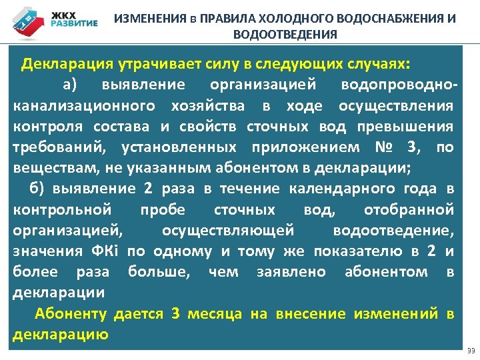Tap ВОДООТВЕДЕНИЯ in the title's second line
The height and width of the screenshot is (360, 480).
coord(285,35)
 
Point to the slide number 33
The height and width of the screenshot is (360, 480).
coord(471,351)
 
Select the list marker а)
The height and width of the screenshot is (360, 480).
coord(71,85)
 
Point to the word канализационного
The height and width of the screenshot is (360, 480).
coord(84,105)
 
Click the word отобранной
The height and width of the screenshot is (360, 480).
coord(409,209)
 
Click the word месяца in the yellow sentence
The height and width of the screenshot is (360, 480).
coord(215,313)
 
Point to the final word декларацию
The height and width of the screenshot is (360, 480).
coord(61,333)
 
